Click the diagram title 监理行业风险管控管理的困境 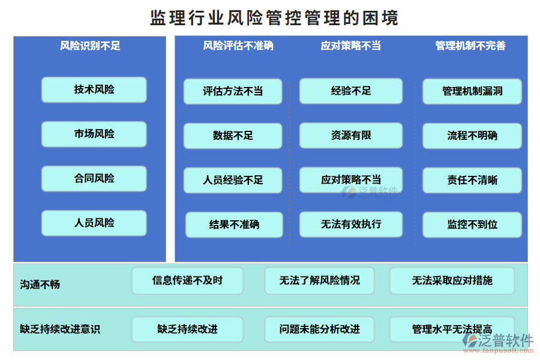click(x=274, y=17)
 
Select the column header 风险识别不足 click(x=90, y=46)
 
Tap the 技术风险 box click(x=94, y=89)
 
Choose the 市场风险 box click(x=94, y=134)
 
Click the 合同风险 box click(x=94, y=178)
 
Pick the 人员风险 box click(x=94, y=223)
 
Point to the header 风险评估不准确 click(x=238, y=46)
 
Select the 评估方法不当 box click(x=233, y=91)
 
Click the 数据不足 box click(x=233, y=136)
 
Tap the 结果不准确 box click(x=234, y=224)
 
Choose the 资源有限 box click(x=351, y=136)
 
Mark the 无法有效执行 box click(x=351, y=224)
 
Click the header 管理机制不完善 click(x=470, y=46)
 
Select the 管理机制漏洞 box click(x=472, y=91)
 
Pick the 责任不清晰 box click(x=472, y=180)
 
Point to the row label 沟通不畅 click(x=40, y=284)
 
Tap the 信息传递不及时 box click(x=187, y=281)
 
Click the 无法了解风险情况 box click(x=320, y=281)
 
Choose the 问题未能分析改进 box click(x=320, y=329)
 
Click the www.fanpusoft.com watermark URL click(x=499, y=351)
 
